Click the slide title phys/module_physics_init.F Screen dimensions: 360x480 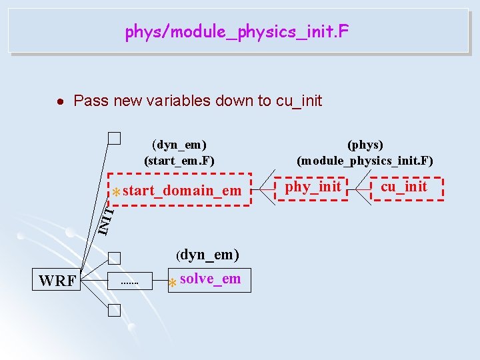(x=237, y=31)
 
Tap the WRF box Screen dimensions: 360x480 (x=58, y=280)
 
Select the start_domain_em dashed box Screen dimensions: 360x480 (x=179, y=191)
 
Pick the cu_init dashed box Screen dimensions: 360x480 (x=403, y=187)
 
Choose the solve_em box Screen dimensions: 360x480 (x=209, y=279)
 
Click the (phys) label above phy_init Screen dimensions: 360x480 (x=365, y=145)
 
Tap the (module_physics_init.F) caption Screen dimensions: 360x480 (x=365, y=160)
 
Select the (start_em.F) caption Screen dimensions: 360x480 (x=179, y=160)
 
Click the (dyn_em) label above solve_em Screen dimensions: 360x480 (x=207, y=255)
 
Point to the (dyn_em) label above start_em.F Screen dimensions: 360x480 (x=179, y=145)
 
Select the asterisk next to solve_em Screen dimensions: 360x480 (x=172, y=283)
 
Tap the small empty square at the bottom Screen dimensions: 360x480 (x=115, y=309)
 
